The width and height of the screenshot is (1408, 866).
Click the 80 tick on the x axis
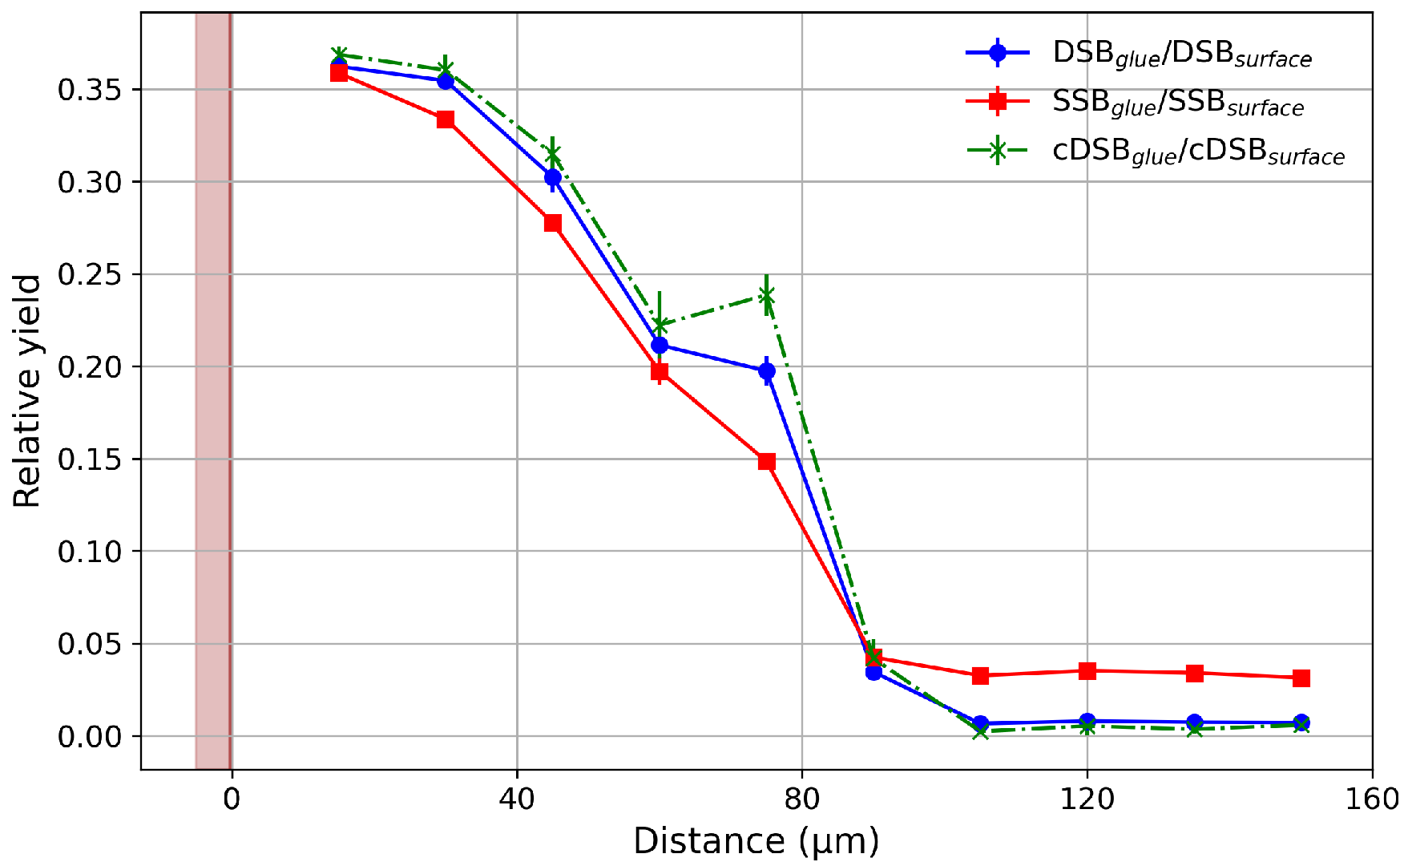(x=802, y=799)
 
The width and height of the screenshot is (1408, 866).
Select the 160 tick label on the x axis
(x=1372, y=799)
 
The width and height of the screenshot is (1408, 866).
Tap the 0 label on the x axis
(x=232, y=799)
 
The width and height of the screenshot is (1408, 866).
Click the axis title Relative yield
(x=27, y=391)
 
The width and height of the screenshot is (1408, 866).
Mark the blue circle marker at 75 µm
(x=767, y=371)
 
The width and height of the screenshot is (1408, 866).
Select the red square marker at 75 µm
(x=767, y=461)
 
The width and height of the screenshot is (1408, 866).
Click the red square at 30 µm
(x=446, y=119)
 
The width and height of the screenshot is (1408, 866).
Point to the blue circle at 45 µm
(x=553, y=177)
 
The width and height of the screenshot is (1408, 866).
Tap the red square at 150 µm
(x=1301, y=678)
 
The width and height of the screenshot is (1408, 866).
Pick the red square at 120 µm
(x=1087, y=670)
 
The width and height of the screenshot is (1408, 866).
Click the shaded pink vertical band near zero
(x=213, y=391)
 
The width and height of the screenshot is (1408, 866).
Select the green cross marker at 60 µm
(x=660, y=325)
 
